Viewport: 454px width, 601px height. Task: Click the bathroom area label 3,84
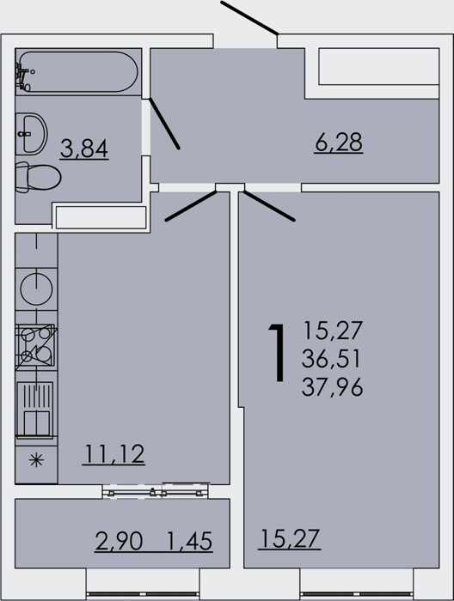click(x=84, y=149)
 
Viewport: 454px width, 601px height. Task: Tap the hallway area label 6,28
click(x=339, y=143)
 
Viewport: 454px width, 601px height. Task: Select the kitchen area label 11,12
click(x=113, y=454)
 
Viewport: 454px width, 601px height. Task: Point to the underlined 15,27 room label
click(x=290, y=538)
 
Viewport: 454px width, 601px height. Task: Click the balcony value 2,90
click(x=119, y=541)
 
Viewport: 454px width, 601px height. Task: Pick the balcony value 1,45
click(x=189, y=541)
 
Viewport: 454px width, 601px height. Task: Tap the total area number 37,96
click(x=333, y=387)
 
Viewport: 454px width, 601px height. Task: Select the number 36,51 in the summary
click(x=331, y=359)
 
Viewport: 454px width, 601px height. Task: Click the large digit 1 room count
click(x=278, y=353)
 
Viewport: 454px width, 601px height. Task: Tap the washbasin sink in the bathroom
click(x=31, y=134)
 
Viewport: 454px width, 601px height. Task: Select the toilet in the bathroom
click(x=38, y=178)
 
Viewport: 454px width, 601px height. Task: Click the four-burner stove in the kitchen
click(x=36, y=347)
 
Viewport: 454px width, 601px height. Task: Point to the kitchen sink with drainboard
click(x=35, y=410)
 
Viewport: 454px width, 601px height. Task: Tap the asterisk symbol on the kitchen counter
click(x=36, y=460)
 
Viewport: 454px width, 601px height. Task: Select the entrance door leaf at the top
click(x=249, y=18)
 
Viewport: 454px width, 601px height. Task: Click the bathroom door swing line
click(x=164, y=123)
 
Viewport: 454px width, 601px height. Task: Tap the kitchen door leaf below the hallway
click(x=191, y=206)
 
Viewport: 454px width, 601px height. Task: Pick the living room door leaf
click(x=269, y=206)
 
